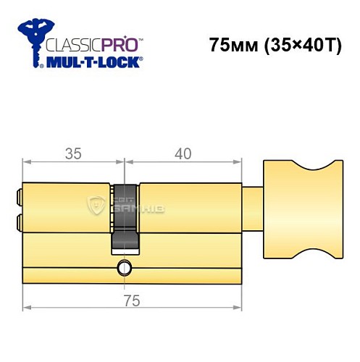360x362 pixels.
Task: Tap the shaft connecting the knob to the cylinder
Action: click(252, 208)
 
